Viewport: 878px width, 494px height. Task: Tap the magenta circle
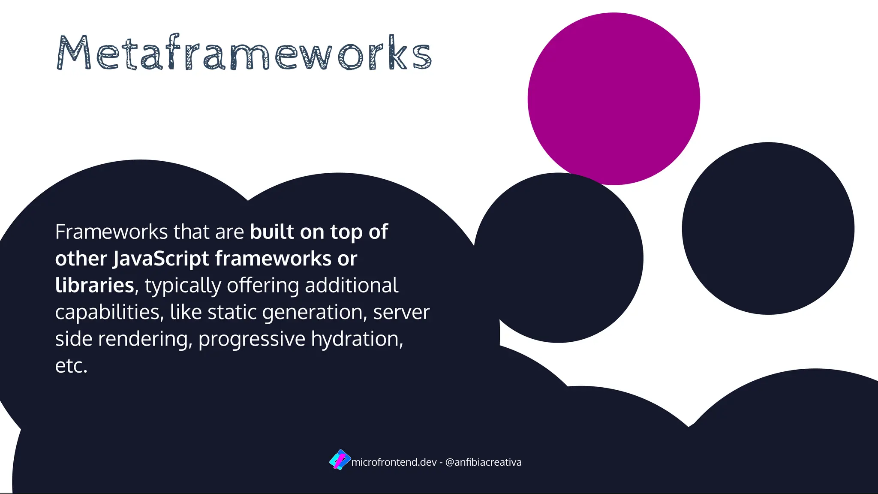[x=613, y=99]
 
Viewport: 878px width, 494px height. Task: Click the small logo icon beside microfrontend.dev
[x=340, y=460]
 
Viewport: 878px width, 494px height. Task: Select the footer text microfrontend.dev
[x=394, y=462]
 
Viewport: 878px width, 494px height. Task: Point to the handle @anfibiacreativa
[x=483, y=462]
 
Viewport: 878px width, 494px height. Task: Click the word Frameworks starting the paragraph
[x=111, y=232]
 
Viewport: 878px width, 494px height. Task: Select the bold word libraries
[x=95, y=286]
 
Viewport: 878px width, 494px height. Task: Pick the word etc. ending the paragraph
[x=71, y=366]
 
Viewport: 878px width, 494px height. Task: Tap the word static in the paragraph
[x=232, y=312]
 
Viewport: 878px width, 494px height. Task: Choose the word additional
[x=352, y=286]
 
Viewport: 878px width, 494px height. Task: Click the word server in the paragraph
[x=401, y=313]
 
